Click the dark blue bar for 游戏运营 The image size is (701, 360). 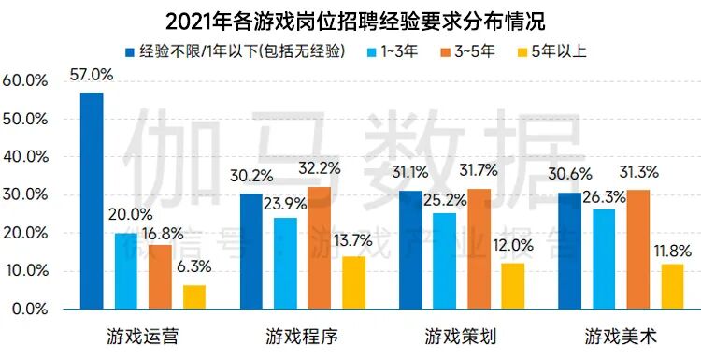[92, 200]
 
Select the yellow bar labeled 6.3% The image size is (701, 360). [194, 296]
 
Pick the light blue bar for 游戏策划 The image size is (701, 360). [444, 260]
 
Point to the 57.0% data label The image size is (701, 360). [91, 76]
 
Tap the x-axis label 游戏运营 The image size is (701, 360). [143, 335]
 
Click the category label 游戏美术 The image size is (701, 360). [622, 335]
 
